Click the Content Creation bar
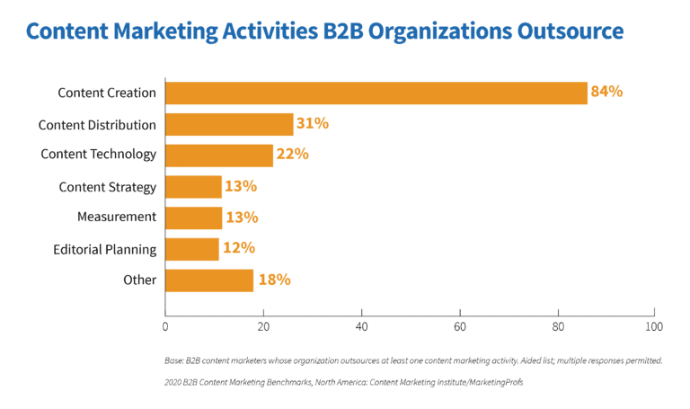[376, 93]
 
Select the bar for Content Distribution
[229, 124]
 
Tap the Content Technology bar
[219, 155]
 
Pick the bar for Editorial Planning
[192, 249]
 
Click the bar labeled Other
[209, 280]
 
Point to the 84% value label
[606, 92]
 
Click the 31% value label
[313, 123]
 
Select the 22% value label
[293, 154]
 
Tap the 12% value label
[239, 248]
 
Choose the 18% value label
[274, 280]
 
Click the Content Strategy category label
[107, 187]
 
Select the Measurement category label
[117, 217]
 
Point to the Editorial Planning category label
[104, 249]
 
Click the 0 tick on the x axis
[165, 325]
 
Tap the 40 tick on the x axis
[361, 325]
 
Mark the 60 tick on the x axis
[459, 325]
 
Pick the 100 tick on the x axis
[654, 325]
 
